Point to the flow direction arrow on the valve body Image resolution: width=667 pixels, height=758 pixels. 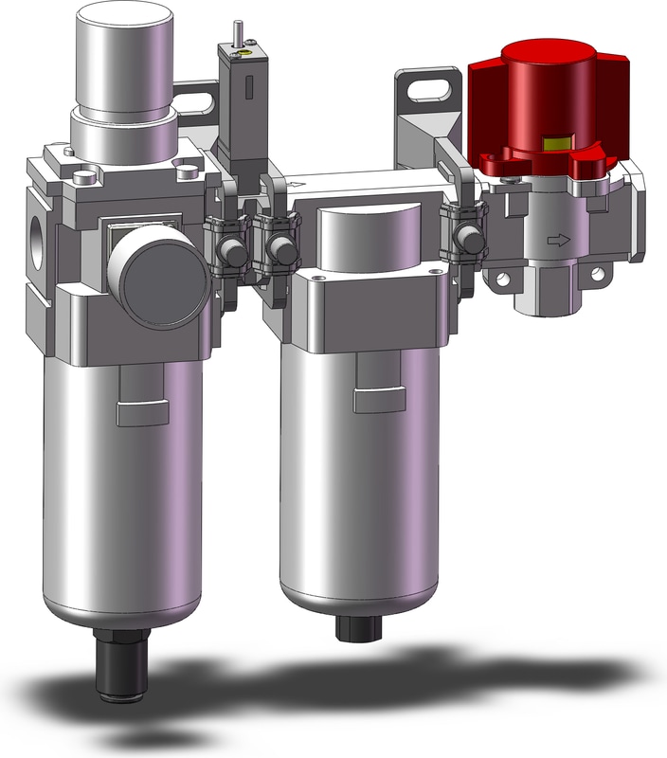point(560,241)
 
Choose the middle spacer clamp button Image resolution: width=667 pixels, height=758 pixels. point(279,250)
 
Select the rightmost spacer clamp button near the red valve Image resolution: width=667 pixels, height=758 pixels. point(464,237)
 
